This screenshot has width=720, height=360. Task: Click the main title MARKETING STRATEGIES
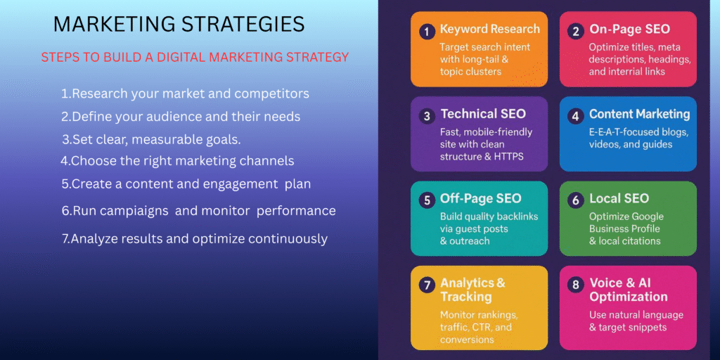(179, 25)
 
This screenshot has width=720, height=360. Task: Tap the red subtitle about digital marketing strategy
(195, 58)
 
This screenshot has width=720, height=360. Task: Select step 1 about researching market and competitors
(185, 94)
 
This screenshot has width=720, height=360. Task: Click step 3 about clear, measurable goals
(152, 140)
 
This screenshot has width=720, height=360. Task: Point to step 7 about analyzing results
(195, 239)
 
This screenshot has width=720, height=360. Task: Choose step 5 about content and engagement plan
(186, 184)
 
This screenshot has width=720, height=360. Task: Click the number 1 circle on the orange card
(427, 32)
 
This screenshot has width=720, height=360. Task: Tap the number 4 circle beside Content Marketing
(576, 117)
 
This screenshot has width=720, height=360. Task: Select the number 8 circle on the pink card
(576, 285)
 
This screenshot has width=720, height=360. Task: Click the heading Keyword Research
(490, 30)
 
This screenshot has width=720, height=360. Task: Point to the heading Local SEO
(619, 198)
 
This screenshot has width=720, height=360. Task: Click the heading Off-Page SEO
(481, 198)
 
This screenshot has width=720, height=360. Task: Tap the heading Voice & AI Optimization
(628, 290)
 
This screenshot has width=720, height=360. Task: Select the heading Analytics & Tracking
(472, 290)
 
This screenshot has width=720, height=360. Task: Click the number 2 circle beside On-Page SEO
(576, 32)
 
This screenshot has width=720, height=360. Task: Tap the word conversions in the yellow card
(468, 340)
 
